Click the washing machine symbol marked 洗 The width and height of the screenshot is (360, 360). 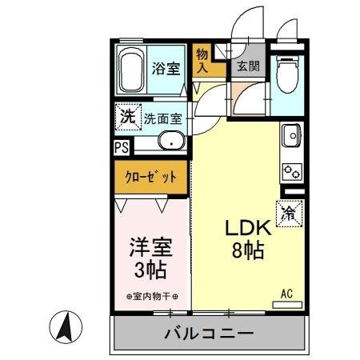pos(127,118)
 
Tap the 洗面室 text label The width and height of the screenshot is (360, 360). pos(162,119)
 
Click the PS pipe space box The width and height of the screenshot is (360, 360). pos(121,147)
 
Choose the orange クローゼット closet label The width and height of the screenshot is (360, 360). pos(150,176)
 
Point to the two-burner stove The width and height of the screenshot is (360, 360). pos(291,170)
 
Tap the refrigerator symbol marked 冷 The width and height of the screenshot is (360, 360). pos(289,213)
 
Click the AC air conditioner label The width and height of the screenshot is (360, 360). pos(286,294)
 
